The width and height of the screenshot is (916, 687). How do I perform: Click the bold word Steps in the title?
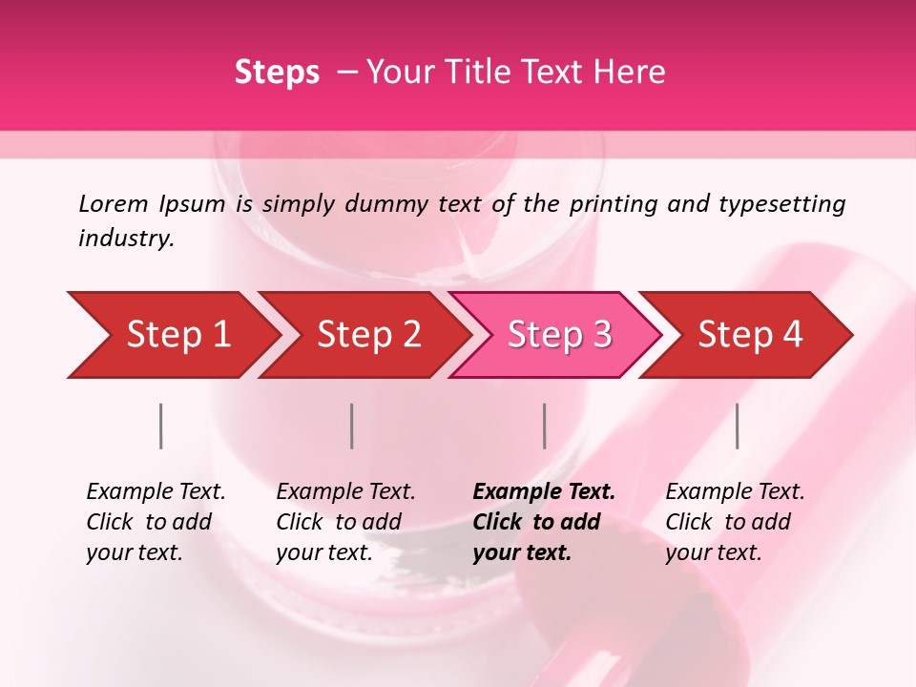coord(277,72)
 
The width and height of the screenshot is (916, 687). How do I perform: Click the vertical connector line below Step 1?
coord(161,426)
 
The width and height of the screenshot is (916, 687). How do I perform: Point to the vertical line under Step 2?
coord(352,426)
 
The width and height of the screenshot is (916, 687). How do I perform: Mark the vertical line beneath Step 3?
coord(544,426)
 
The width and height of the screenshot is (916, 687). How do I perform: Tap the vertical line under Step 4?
coord(737,426)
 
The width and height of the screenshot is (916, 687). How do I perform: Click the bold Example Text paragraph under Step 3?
coord(544,522)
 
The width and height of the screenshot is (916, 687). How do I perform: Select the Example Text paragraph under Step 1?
coord(156,522)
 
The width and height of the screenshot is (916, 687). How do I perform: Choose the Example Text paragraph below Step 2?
coord(345,522)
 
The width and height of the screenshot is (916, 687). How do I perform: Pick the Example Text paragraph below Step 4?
coord(735,522)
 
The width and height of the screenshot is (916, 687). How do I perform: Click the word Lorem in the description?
coord(114,203)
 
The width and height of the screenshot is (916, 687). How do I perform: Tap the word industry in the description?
coord(126,239)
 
